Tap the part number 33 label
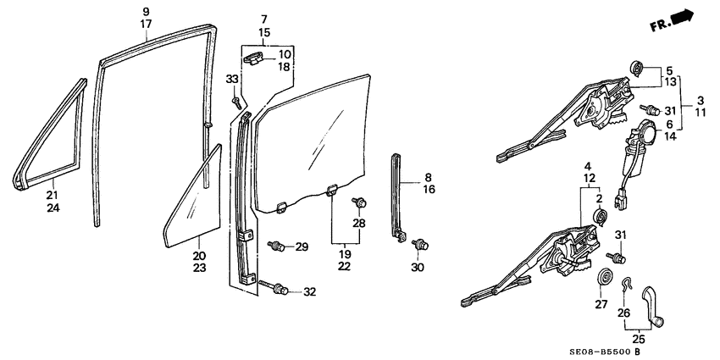click(x=230, y=80)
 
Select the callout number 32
click(x=309, y=291)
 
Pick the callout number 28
click(x=360, y=223)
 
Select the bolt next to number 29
click(x=275, y=246)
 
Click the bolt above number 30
click(x=417, y=245)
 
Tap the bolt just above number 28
click(x=360, y=203)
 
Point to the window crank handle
click(x=652, y=304)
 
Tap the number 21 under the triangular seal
click(x=53, y=194)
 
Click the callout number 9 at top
click(x=146, y=10)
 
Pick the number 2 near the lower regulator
click(x=600, y=199)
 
